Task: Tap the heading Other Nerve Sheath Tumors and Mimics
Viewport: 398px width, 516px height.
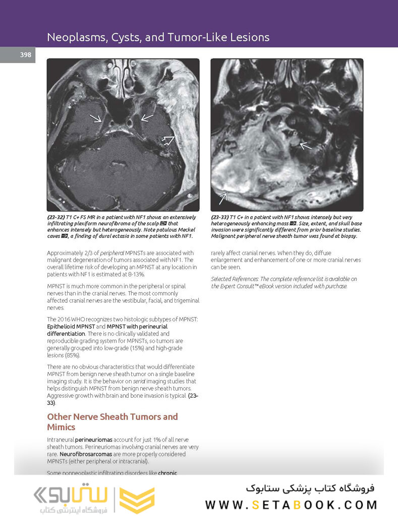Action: (112, 422)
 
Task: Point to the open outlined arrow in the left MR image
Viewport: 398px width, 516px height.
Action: (167, 139)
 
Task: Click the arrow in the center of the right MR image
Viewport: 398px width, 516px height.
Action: (306, 146)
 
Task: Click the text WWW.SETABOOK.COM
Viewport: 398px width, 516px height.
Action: (291, 504)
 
